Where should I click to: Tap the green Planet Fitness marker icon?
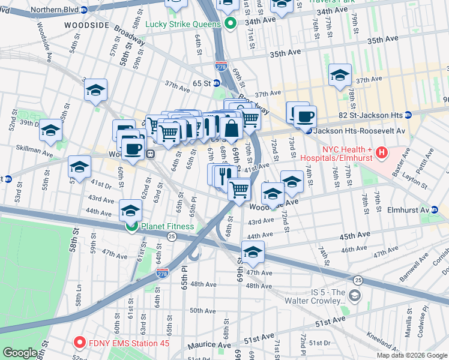[x=131, y=226]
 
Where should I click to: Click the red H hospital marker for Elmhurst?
[x=381, y=154]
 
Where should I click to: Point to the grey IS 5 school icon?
[x=355, y=295]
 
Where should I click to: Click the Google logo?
[x=20, y=353]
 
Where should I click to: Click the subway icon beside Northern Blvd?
[x=84, y=10]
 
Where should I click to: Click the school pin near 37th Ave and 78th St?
[x=340, y=76]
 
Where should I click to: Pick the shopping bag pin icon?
[x=231, y=128]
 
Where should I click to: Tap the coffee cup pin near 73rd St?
[x=305, y=116]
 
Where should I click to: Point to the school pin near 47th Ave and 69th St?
[x=253, y=253]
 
